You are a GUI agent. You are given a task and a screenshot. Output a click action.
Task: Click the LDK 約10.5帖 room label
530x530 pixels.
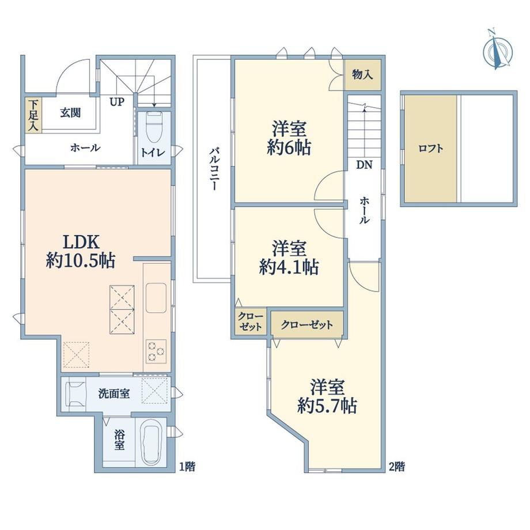[x=81, y=251]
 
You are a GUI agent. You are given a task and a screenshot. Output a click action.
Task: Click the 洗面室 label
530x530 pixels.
[x=114, y=393]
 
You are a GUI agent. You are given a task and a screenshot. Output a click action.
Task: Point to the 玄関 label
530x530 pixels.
[x=70, y=112]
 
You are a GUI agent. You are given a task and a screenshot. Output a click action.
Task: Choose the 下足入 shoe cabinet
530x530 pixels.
[x=33, y=115]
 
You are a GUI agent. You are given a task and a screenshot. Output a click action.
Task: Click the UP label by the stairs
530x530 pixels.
[x=117, y=101]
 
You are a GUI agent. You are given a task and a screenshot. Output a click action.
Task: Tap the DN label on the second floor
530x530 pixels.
[x=364, y=165]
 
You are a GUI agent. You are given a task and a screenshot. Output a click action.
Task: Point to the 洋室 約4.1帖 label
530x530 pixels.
[x=289, y=258]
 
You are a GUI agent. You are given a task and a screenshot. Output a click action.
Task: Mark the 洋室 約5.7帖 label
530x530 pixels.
[x=327, y=396]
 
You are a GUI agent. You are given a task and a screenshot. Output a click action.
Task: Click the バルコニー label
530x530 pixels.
[x=213, y=169]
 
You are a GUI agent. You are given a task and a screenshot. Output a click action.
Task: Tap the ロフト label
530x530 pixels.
[x=431, y=149]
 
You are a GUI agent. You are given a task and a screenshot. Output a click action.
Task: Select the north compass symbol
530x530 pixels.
[x=497, y=50]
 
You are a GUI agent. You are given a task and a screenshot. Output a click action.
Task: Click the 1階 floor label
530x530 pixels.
[x=187, y=467]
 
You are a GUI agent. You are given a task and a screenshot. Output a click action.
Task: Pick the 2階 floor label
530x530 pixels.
[x=397, y=467]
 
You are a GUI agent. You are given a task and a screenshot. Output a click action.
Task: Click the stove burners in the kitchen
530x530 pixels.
[x=156, y=351]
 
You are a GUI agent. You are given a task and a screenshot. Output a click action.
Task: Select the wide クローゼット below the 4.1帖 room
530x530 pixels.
[x=307, y=325]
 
